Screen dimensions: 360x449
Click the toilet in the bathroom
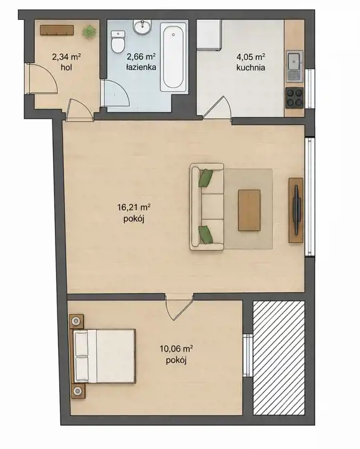pos(118,42)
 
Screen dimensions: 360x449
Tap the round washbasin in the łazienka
pos(142,27)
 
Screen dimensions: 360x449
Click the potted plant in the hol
pos(89,31)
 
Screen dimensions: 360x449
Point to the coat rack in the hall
pos(57,31)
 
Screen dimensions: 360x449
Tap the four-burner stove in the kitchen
pos(294,98)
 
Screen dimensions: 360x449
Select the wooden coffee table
pos(249,210)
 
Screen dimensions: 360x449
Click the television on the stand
pos(296,210)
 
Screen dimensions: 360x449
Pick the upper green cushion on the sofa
pos(206,178)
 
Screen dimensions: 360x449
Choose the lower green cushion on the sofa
pos(206,234)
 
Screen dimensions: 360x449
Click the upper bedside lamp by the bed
pos(76,321)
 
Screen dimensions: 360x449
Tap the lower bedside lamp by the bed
pos(77,391)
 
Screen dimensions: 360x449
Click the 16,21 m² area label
pos(134,207)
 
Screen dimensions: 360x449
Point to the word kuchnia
pos(251,67)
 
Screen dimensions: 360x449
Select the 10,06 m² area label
pos(176,349)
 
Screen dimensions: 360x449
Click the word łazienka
pos(141,67)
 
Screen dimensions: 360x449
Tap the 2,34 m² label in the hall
pos(66,57)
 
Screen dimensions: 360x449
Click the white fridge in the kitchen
pos(209,34)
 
